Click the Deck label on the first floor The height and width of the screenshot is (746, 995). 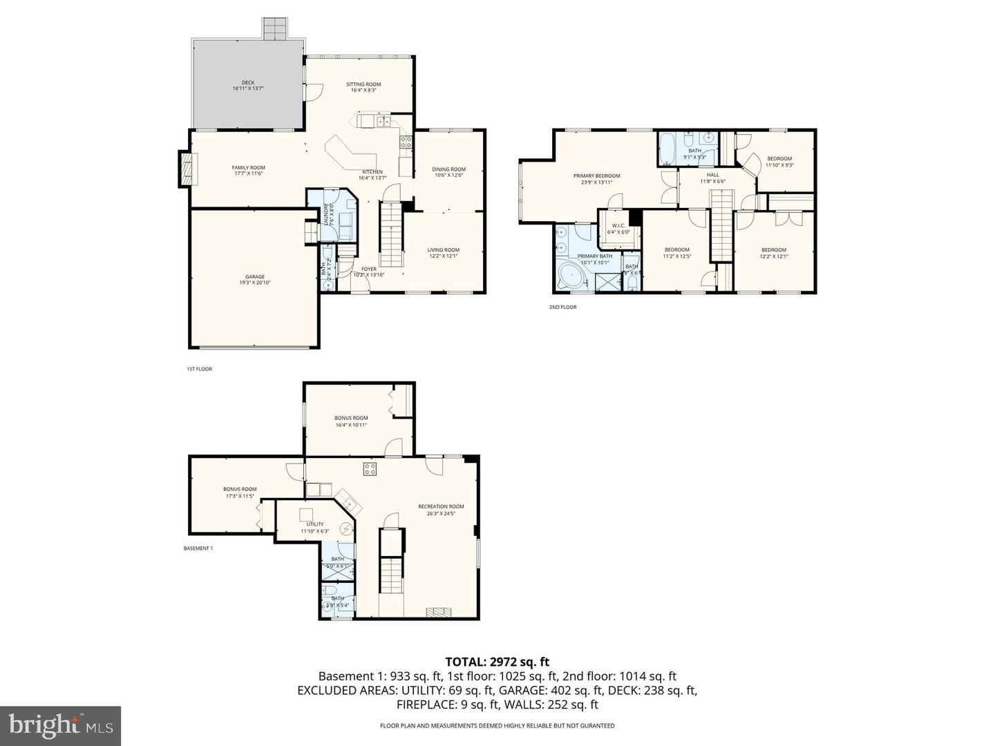(x=248, y=83)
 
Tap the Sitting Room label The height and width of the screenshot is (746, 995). (x=363, y=84)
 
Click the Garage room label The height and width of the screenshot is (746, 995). (x=255, y=277)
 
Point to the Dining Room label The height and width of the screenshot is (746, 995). (x=448, y=169)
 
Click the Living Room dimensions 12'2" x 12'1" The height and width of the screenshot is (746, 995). (x=443, y=256)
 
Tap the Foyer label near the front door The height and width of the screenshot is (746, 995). (x=369, y=269)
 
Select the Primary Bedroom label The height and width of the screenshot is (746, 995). (x=596, y=176)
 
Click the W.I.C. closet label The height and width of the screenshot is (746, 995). (x=618, y=225)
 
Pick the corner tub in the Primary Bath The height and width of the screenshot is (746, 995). (x=571, y=276)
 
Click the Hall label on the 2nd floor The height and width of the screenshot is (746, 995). (x=712, y=175)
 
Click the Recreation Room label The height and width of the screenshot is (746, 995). (x=441, y=506)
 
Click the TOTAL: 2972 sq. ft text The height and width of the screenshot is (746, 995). (x=497, y=662)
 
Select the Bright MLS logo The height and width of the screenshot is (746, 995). (x=61, y=725)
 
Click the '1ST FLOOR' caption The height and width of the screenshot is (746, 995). (x=199, y=369)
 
